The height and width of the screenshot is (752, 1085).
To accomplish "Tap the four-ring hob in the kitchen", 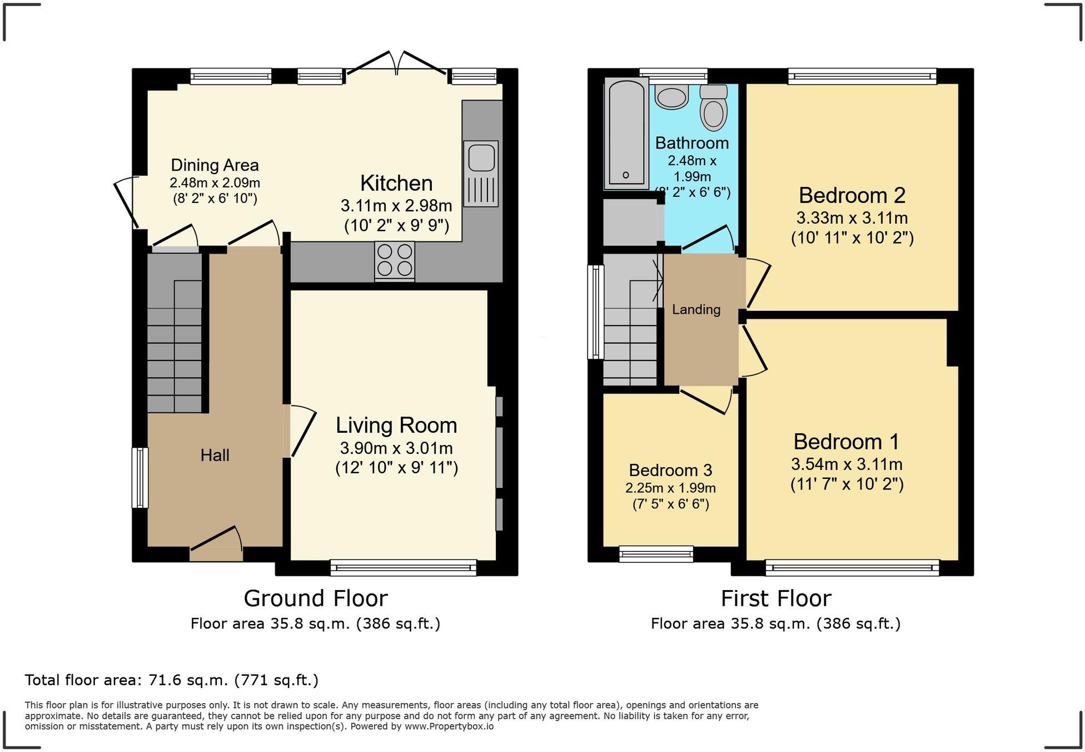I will point(395,260).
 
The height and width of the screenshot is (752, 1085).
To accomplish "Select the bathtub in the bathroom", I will point(626,133).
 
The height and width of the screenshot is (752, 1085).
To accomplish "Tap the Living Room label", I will point(396,426).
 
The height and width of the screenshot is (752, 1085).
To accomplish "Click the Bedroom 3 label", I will point(670,471).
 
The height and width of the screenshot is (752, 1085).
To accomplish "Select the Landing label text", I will point(696,310).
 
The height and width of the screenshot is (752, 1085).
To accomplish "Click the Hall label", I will point(215,456).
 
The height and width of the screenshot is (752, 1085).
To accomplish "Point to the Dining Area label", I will point(215,165).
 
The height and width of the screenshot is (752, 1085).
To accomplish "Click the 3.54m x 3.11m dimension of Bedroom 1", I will point(847,464).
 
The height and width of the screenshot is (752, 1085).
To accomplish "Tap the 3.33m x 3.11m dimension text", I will point(852,218).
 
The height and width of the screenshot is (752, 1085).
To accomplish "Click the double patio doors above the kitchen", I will point(396,62).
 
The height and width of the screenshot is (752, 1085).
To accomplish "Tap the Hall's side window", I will point(140,478).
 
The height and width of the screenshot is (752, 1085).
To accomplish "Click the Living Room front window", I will point(403,568).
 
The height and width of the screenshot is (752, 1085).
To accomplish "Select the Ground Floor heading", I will point(315,598).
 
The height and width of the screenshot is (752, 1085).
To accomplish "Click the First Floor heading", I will point(775,598).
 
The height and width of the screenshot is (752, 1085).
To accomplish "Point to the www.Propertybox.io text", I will point(449,726).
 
